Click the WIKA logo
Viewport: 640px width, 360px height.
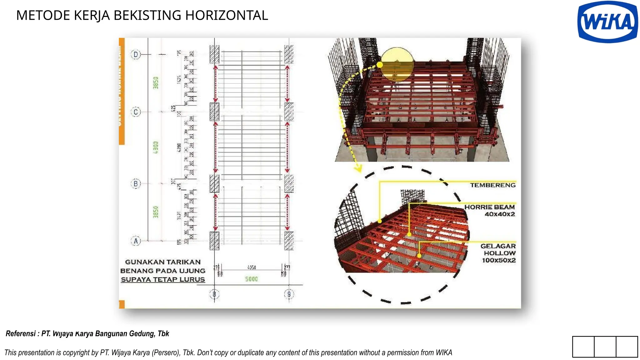click(607, 22)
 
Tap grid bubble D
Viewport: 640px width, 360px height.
click(136, 54)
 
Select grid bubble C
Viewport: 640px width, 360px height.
click(136, 112)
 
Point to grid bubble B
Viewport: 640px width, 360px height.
click(136, 183)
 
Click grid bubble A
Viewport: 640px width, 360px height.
click(136, 241)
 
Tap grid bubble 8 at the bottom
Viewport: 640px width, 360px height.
click(214, 294)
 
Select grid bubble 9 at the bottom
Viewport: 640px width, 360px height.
click(289, 294)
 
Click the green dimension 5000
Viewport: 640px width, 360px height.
click(251, 279)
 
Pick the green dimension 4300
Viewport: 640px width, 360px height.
click(156, 147)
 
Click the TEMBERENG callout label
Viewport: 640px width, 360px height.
click(493, 185)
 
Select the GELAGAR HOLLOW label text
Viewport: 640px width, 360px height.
click(498, 253)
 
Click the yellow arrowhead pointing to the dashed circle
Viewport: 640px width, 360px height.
click(358, 169)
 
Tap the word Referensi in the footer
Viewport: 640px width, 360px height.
click(21, 333)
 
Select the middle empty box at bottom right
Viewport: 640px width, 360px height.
click(605, 347)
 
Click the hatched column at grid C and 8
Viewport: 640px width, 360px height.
click(214, 112)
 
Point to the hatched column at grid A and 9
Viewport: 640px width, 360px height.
click(289, 241)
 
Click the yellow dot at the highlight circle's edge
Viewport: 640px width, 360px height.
click(380, 65)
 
